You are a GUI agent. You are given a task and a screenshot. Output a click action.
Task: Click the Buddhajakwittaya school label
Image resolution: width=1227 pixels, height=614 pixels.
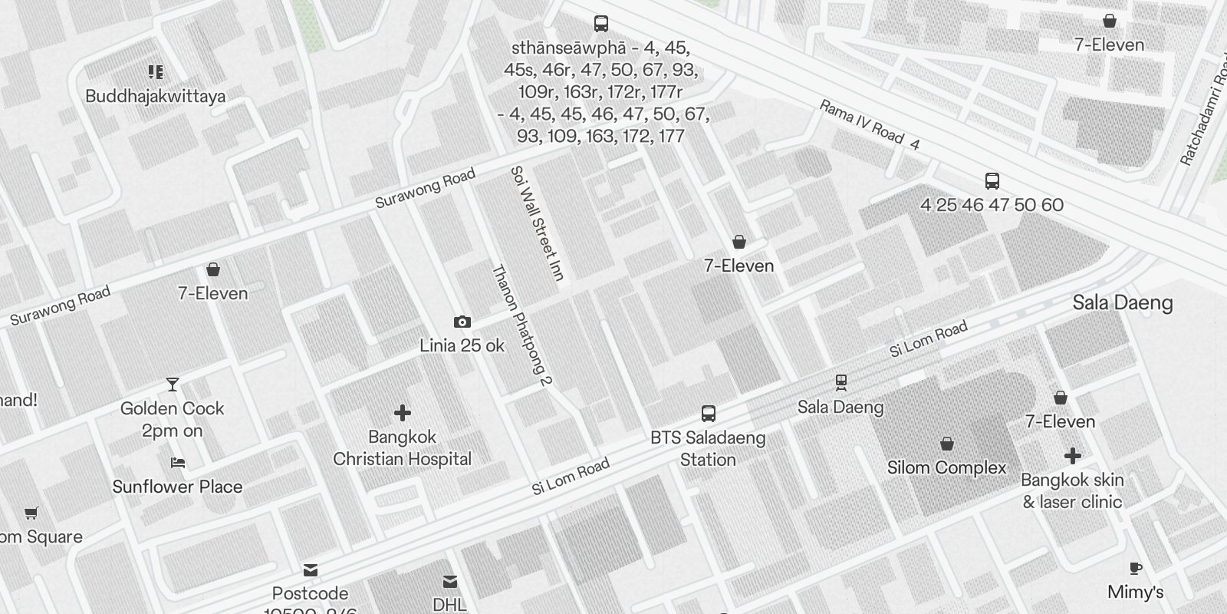(156, 96)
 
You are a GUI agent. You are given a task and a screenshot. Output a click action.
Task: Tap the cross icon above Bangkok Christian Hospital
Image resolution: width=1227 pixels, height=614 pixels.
(402, 414)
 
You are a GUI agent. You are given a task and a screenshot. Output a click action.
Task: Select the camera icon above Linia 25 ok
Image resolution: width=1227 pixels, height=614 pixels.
(462, 322)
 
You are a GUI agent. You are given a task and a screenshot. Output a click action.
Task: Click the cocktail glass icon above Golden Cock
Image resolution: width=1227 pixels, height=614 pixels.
(173, 385)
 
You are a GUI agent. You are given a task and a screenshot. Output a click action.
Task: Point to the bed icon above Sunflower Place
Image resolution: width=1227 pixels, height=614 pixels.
(178, 463)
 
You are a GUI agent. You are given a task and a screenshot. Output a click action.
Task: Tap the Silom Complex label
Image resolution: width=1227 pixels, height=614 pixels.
(946, 467)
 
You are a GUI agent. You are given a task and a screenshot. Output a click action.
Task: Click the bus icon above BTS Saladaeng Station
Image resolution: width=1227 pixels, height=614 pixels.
(709, 414)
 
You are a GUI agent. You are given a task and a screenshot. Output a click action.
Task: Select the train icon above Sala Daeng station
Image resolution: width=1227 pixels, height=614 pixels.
(841, 382)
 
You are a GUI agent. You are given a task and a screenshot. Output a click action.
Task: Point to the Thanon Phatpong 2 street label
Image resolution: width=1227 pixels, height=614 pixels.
(521, 325)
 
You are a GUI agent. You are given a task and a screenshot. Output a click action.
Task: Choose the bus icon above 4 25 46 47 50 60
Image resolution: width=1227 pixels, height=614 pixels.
(992, 181)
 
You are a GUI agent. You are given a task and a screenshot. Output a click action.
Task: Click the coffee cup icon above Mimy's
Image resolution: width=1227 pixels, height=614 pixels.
(1136, 569)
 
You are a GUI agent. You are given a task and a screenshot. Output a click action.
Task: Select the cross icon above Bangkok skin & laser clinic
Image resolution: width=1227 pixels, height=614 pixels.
(1072, 457)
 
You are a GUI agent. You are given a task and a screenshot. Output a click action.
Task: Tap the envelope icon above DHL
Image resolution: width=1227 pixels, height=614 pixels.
(450, 582)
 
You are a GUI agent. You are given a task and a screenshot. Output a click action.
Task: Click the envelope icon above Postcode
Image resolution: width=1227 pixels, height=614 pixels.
(311, 570)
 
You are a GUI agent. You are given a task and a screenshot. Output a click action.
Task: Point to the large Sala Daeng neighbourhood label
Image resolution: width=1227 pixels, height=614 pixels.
(1122, 303)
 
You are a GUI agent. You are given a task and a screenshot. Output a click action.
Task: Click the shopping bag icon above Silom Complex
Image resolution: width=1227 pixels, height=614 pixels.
(947, 444)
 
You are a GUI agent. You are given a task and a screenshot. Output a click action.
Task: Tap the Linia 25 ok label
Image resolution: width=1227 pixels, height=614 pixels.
(462, 345)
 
